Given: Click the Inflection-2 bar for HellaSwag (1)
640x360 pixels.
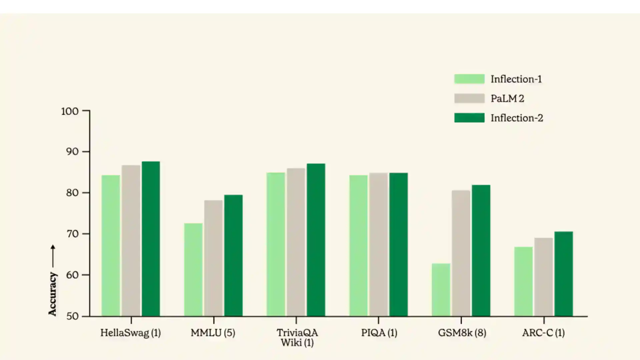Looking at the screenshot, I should click(x=151, y=239).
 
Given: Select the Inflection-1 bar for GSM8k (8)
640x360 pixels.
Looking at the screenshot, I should click(x=441, y=290).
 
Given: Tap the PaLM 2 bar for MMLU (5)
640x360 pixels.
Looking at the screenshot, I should click(x=213, y=258).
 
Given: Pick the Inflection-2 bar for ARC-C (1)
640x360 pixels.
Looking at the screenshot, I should click(x=563, y=274).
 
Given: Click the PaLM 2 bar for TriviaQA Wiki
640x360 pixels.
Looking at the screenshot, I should click(x=296, y=242).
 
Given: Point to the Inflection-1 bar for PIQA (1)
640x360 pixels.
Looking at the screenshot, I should click(x=358, y=245).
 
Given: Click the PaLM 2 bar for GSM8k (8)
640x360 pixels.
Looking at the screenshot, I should click(x=461, y=253).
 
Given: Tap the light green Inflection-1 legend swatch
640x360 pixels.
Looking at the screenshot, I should click(x=469, y=79).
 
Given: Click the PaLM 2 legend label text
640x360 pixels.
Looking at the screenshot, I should click(x=507, y=99).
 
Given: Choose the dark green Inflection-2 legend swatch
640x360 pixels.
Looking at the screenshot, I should click(x=469, y=118).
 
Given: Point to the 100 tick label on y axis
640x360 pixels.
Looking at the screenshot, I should click(x=70, y=111).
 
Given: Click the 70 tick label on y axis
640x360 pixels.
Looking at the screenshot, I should click(x=72, y=234).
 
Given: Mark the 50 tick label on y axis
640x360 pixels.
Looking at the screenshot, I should click(x=72, y=316).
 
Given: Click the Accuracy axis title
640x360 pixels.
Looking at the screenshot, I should click(x=52, y=294).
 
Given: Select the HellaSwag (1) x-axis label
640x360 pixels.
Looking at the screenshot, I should click(x=131, y=333).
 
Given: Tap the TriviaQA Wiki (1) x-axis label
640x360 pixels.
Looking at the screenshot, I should click(x=297, y=338).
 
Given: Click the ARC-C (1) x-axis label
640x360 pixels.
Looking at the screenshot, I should click(x=543, y=333).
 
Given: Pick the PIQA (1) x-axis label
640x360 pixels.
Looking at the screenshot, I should click(x=379, y=333).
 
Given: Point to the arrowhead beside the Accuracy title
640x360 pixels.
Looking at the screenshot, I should click(x=53, y=247).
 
